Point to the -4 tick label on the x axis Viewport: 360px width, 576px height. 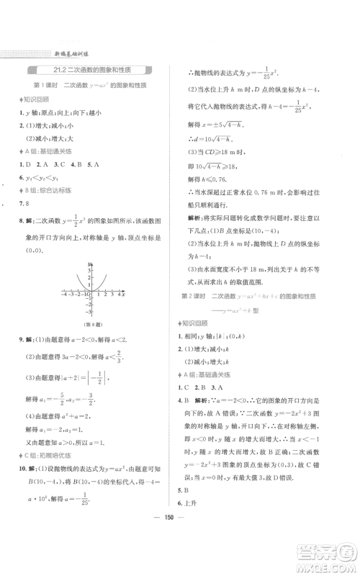click(64, 295)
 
